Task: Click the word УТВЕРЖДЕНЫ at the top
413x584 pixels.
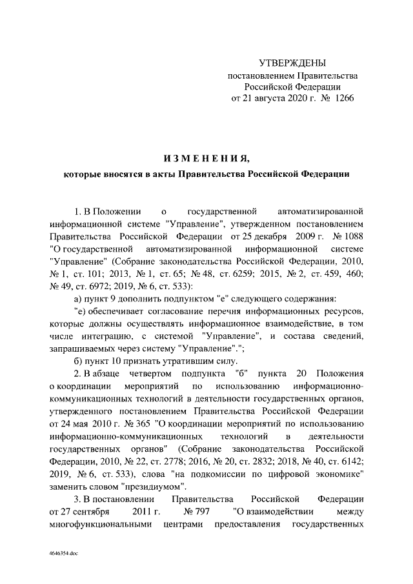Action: pos(292,63)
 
